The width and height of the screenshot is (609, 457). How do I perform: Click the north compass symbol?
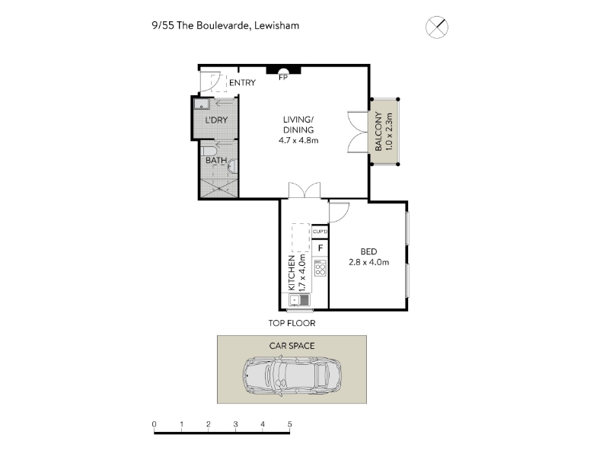tap(437, 27)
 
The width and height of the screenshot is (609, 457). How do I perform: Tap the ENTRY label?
tap(242, 83)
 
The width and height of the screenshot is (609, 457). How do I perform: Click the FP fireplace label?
tap(283, 78)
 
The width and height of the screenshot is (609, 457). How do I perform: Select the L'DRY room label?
tap(216, 120)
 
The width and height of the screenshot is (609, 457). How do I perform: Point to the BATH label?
tap(216, 160)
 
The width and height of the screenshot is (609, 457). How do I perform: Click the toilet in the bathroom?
tap(208, 151)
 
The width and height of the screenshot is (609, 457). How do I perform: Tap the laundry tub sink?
tap(202, 104)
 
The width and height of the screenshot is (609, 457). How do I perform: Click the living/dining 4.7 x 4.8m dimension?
tap(298, 141)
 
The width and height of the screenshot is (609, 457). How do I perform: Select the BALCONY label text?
tap(378, 131)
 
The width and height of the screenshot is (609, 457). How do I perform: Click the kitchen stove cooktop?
tap(320, 268)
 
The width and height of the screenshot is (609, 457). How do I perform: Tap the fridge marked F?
tap(320, 248)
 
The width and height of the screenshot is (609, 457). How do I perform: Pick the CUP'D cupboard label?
tap(320, 232)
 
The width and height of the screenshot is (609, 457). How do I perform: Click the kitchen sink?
tap(299, 300)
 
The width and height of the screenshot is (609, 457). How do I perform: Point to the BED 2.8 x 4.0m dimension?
tap(368, 262)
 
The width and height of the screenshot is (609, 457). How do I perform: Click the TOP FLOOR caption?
tap(292, 323)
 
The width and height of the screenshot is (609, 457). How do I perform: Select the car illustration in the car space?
tap(292, 376)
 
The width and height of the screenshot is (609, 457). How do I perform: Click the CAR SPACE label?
tap(292, 346)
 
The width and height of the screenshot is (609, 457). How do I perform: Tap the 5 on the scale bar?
tap(290, 424)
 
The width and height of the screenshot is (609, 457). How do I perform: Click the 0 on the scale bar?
tap(155, 424)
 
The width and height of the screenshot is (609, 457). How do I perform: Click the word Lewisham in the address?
tap(276, 26)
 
